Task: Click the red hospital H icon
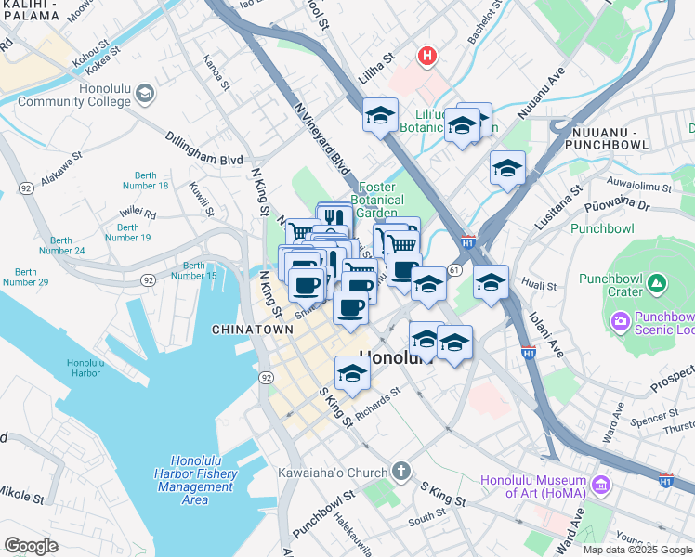click(426, 57)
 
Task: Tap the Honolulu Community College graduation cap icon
click(144, 93)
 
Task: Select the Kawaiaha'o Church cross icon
click(400, 473)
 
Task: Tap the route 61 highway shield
click(453, 269)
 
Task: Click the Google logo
click(31, 546)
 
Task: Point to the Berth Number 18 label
click(151, 180)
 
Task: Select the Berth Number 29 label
click(20, 277)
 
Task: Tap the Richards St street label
click(375, 402)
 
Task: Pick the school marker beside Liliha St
click(380, 115)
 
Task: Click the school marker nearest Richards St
click(352, 372)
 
